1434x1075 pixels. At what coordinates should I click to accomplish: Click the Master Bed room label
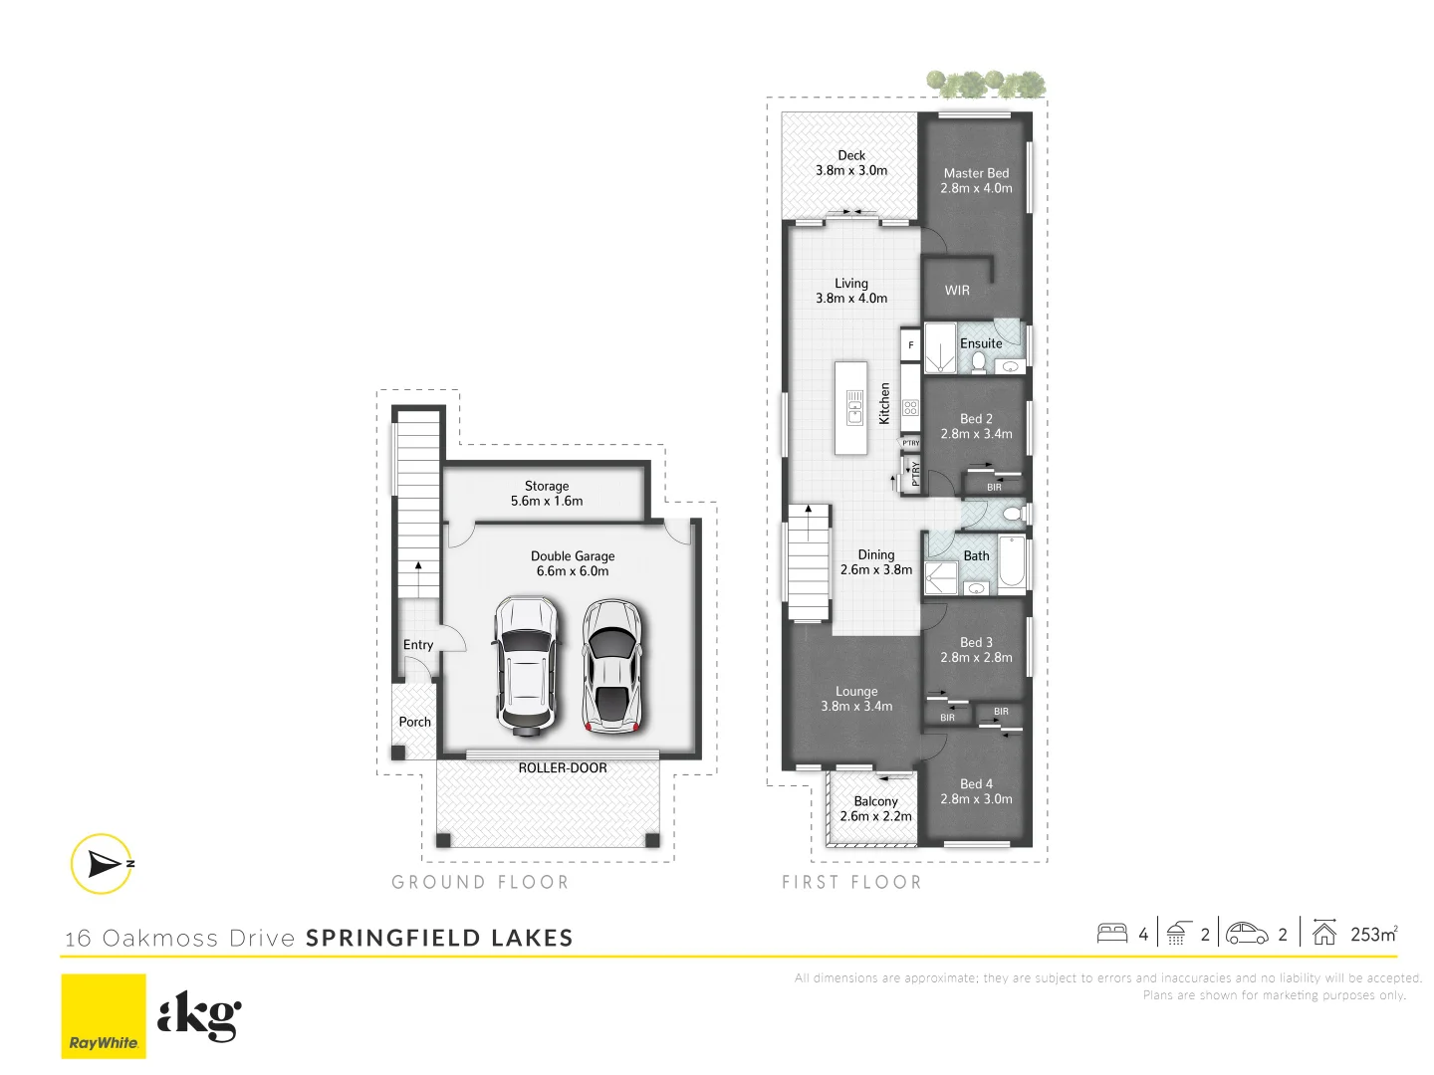(x=976, y=180)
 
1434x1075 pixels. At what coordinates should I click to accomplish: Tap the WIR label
(x=957, y=291)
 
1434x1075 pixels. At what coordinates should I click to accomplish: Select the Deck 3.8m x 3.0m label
(x=851, y=163)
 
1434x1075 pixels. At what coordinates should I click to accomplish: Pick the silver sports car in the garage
(x=611, y=665)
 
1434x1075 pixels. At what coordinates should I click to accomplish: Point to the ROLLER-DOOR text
(x=562, y=768)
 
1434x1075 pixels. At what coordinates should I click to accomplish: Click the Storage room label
(x=547, y=494)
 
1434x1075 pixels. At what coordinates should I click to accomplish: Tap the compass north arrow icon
(x=102, y=863)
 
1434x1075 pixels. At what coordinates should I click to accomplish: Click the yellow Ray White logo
(x=104, y=1015)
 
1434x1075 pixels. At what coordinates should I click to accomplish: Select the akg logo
(x=199, y=1015)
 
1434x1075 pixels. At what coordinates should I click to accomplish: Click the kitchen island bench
(x=851, y=408)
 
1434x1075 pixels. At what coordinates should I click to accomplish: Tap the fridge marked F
(x=910, y=345)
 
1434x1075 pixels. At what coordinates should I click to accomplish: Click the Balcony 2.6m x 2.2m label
(x=875, y=808)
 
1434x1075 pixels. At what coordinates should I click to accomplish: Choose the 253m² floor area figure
(x=1373, y=934)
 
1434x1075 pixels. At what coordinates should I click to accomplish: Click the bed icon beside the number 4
(x=1111, y=934)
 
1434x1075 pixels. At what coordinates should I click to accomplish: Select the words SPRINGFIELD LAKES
(x=439, y=938)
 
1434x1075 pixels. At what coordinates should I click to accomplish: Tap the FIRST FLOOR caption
(x=851, y=882)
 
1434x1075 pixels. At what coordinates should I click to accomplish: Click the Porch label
(x=414, y=723)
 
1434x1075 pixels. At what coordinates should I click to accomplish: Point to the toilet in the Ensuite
(x=979, y=362)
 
